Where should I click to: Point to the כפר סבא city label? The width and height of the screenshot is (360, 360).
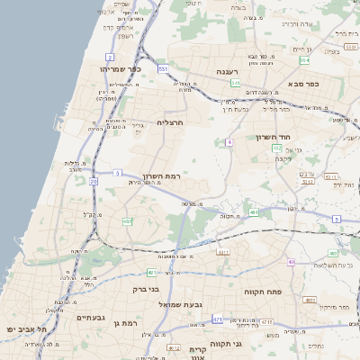click(x=306, y=84)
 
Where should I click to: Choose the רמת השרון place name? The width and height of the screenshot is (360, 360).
click(x=162, y=176)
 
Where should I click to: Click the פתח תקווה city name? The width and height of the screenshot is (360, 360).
click(x=263, y=292)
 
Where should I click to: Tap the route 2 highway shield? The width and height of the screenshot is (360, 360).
click(x=110, y=57)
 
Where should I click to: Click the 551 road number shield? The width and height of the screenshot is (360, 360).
click(x=163, y=68)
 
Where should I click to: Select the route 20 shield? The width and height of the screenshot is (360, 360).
click(x=94, y=181)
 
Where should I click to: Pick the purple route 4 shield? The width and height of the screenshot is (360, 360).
click(x=229, y=142)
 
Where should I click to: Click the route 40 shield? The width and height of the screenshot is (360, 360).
click(x=291, y=262)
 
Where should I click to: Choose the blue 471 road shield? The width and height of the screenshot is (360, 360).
click(x=218, y=319)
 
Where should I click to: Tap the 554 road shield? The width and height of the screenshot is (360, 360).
click(x=305, y=59)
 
